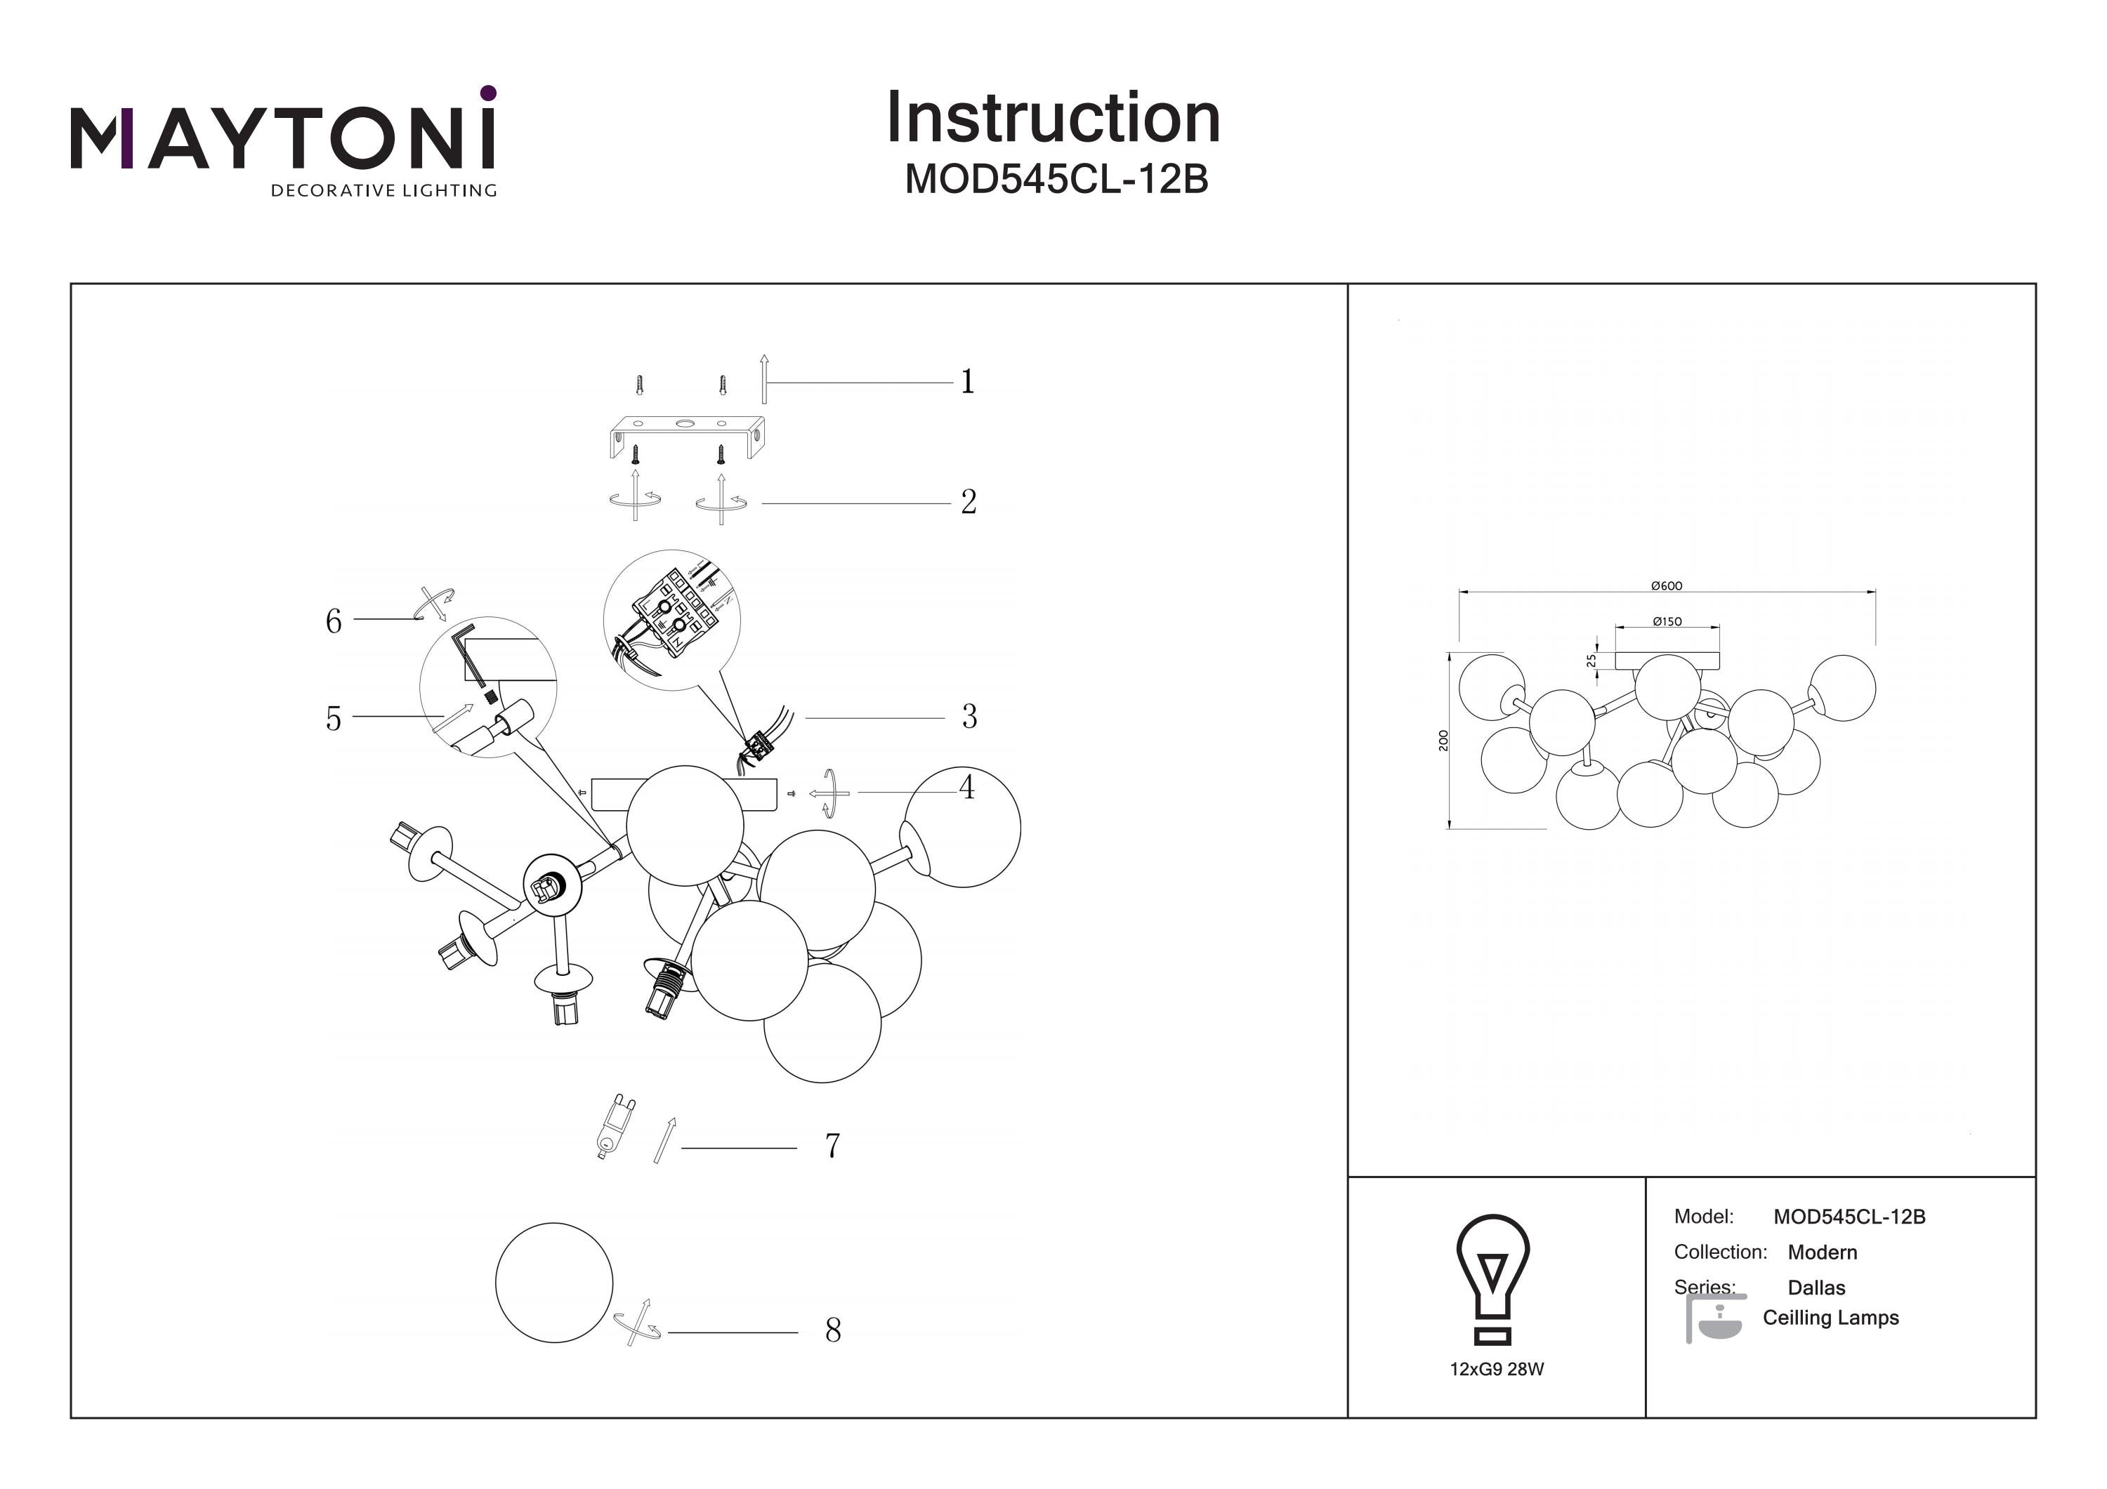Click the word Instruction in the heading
[x=1053, y=119]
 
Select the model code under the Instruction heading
[x=1056, y=180]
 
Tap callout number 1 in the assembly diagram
[x=967, y=382]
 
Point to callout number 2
[x=968, y=502]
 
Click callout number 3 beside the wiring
[x=969, y=717]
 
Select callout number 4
[x=966, y=787]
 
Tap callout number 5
[x=333, y=718]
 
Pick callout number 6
[x=333, y=622]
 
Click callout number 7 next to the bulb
[x=832, y=1146]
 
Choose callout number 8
[x=832, y=1330]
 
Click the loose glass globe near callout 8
[x=553, y=1282]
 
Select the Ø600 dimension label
[x=1666, y=585]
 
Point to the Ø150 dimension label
[x=1667, y=621]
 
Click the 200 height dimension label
[x=1443, y=741]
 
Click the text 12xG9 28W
[x=1497, y=1369]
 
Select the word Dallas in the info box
[x=1816, y=1287]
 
